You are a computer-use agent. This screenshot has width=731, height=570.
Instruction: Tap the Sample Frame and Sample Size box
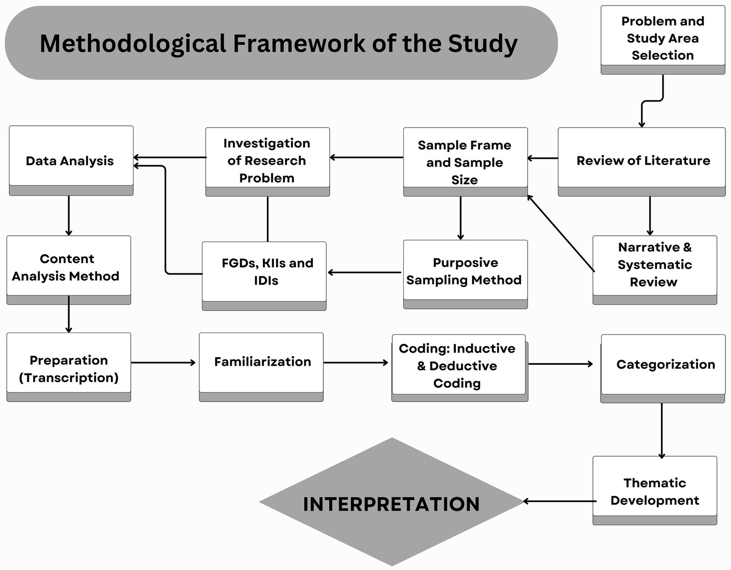coord(465,162)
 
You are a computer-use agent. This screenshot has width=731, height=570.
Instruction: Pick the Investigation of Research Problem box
coord(267,161)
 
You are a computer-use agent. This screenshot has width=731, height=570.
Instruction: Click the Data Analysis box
coord(70,160)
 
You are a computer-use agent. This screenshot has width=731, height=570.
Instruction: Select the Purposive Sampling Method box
coord(465,271)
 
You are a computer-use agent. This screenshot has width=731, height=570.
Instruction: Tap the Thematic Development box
coord(654,491)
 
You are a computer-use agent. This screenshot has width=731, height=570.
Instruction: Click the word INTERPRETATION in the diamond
coord(391,504)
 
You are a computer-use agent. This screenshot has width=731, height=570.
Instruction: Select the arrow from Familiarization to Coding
coord(356,363)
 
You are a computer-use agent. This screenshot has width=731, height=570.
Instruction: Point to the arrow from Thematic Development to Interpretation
coord(560,501)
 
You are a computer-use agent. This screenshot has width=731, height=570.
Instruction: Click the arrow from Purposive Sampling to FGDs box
coord(364,273)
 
